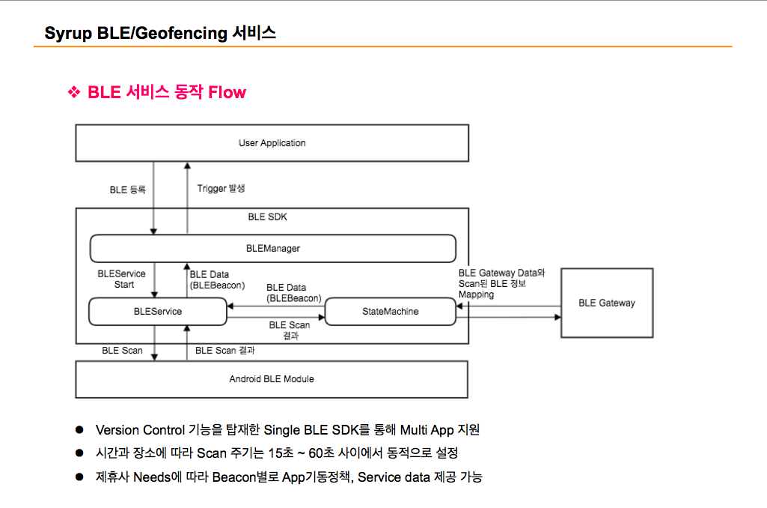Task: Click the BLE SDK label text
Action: [x=268, y=217]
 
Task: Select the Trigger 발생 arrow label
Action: [x=221, y=189]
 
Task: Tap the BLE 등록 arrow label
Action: [x=128, y=190]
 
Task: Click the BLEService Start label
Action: [x=122, y=279]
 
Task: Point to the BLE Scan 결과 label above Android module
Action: [x=225, y=351]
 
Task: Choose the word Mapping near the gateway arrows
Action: [x=477, y=295]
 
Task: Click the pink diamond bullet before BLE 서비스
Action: [x=74, y=91]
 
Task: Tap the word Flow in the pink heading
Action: [x=227, y=92]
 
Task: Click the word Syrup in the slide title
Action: [x=69, y=33]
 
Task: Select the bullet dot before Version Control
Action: [x=79, y=429]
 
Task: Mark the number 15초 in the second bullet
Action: [x=281, y=453]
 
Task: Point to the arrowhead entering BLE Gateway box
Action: [x=557, y=317]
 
